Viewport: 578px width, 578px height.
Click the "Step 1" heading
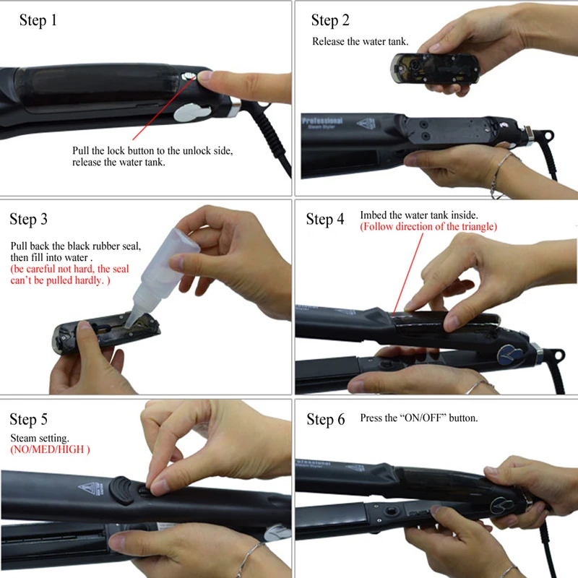38,20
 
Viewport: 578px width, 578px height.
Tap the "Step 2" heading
330,20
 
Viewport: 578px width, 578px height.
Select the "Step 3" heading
28,220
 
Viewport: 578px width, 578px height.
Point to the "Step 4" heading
324,220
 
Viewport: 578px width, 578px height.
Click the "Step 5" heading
28,420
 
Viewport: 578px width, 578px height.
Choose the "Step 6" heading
326,420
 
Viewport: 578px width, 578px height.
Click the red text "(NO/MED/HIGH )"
50,449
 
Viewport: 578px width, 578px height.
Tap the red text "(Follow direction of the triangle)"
428,226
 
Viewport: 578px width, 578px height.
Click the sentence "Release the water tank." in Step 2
360,41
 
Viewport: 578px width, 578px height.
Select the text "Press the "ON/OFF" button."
419,418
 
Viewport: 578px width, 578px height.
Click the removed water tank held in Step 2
435,69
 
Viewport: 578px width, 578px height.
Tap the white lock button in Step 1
188,77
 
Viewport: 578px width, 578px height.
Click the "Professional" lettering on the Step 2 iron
322,121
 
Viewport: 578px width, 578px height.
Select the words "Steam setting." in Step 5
40,438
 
